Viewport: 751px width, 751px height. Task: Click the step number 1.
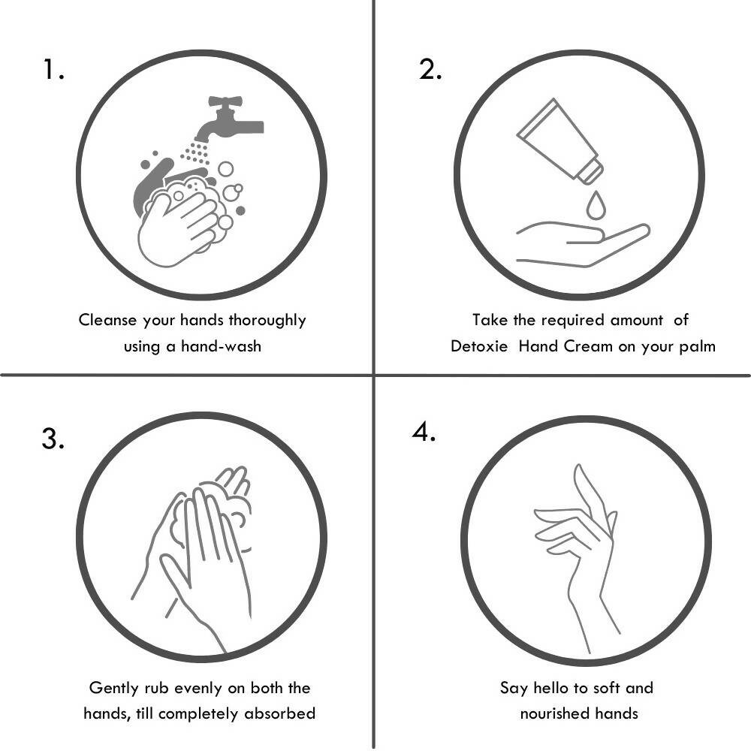click(x=53, y=70)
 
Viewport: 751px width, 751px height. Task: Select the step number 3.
click(x=53, y=439)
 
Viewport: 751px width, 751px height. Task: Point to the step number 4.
click(x=424, y=433)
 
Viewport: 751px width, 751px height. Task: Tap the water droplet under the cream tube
click(x=596, y=204)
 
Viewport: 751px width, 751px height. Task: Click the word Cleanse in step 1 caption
click(x=108, y=320)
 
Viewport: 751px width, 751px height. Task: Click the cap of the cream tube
click(x=591, y=169)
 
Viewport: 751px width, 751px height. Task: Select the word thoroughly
click(x=267, y=321)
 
